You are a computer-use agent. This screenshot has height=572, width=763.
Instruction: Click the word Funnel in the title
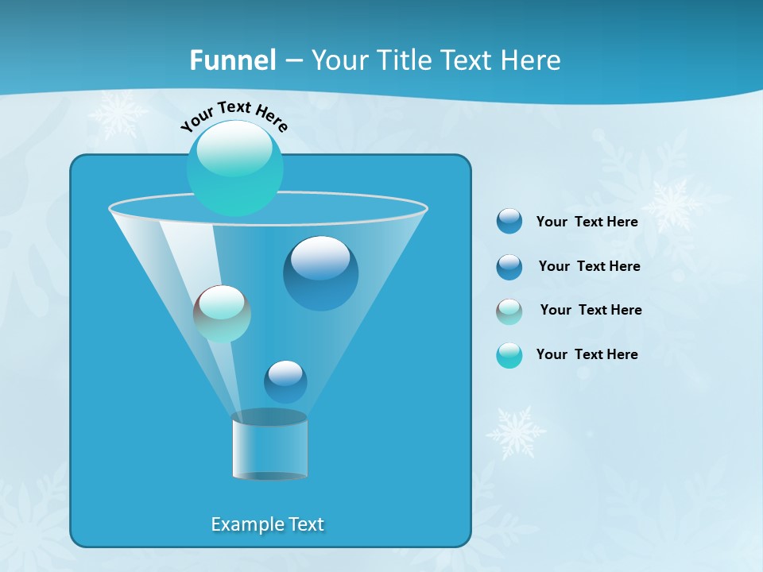[233, 60]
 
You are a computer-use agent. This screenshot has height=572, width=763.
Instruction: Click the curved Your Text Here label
[234, 115]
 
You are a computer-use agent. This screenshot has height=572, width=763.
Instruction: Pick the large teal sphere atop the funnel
[234, 168]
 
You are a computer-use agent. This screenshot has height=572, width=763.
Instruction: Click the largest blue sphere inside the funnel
[320, 273]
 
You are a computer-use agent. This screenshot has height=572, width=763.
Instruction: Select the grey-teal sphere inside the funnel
[222, 313]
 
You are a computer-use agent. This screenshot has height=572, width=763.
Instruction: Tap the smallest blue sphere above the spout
[285, 382]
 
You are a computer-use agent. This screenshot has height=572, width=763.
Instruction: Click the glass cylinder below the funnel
[269, 448]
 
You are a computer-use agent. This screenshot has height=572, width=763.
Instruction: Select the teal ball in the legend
[509, 355]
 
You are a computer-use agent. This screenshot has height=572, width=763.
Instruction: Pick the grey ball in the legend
[509, 311]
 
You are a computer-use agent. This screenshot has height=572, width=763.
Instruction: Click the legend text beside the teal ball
[587, 354]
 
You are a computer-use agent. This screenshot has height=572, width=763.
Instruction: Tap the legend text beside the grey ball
[591, 310]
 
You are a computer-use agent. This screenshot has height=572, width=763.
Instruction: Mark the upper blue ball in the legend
[509, 222]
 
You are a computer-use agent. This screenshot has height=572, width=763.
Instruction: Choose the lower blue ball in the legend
[509, 267]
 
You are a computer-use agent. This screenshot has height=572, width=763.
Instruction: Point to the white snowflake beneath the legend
[516, 433]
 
